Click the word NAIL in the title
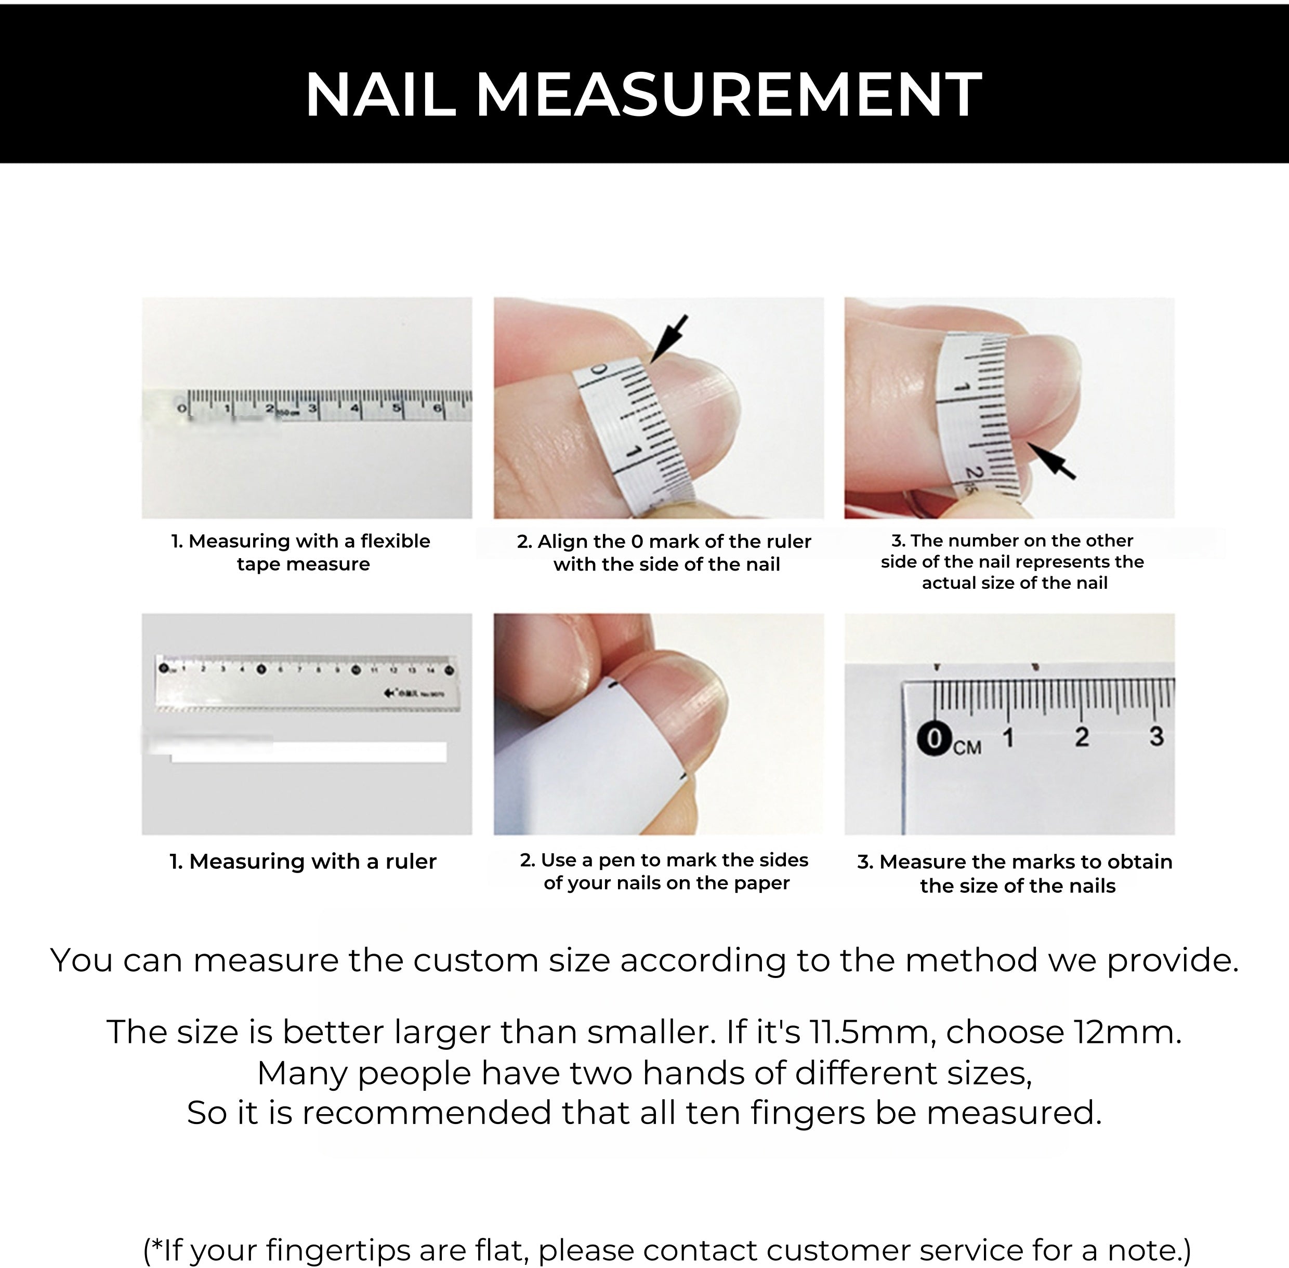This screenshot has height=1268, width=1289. coord(380,95)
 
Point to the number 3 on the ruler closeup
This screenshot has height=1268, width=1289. coord(1156,736)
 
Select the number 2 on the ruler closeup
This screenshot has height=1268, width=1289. coord(1082,736)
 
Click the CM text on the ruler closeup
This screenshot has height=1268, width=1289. coord(967,747)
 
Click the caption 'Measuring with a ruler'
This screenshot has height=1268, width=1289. coord(303,862)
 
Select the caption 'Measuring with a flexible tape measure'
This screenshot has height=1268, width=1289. coord(301,552)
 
